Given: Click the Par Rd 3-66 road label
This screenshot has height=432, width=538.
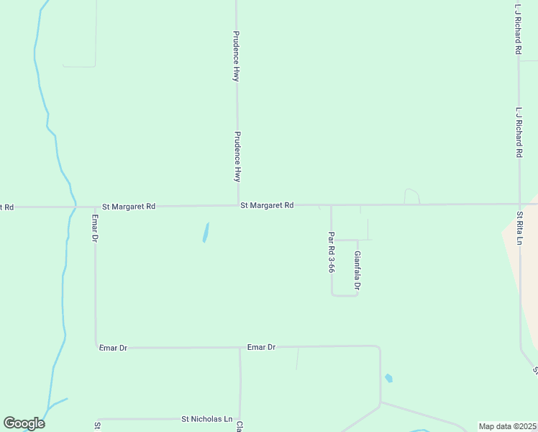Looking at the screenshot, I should [x=331, y=252].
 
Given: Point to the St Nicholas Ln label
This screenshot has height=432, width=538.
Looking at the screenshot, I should [x=207, y=419].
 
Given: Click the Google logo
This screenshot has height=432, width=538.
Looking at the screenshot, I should [x=24, y=423].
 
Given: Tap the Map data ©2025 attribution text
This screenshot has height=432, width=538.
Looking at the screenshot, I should [x=507, y=426].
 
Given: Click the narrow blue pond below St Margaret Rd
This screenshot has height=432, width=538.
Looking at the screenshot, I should [x=206, y=233].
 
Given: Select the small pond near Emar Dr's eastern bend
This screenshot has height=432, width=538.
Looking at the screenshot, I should [x=389, y=378].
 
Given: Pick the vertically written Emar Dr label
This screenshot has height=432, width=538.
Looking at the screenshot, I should [x=94, y=228].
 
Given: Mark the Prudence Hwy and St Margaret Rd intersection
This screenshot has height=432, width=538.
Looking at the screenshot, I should [x=237, y=205].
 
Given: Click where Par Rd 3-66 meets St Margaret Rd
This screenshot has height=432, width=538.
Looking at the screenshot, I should [x=331, y=205].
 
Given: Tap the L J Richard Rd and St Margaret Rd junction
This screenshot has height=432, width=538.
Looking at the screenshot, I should [x=519, y=204].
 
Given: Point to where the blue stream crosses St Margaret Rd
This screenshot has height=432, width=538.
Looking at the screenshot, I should [x=74, y=207].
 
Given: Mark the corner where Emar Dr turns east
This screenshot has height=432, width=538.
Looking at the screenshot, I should [x=96, y=347].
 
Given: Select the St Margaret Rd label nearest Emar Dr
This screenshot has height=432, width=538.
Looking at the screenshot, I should [x=129, y=206].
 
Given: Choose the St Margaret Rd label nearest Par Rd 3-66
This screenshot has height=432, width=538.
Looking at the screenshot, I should [x=267, y=205].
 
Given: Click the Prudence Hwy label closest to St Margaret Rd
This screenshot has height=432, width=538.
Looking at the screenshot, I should [x=237, y=156].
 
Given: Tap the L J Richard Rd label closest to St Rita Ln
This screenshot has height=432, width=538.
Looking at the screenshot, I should [x=519, y=132].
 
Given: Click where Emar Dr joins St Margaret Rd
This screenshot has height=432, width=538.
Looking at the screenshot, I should [x=94, y=207].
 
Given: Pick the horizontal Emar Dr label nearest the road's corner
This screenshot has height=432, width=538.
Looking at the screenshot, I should [x=113, y=348].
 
